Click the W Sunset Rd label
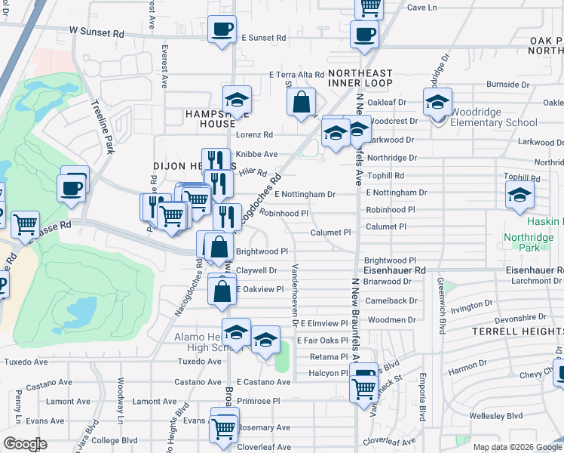(x=97, y=33)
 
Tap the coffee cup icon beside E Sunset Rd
(x=222, y=30)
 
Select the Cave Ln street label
(x=421, y=8)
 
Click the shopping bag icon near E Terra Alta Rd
(x=302, y=101)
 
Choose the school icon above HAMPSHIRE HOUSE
(x=237, y=100)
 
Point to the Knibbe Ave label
(x=256, y=154)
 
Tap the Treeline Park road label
(x=103, y=128)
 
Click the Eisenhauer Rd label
(x=394, y=270)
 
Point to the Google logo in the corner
(x=25, y=444)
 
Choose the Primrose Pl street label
(x=258, y=402)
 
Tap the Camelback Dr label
(x=391, y=300)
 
